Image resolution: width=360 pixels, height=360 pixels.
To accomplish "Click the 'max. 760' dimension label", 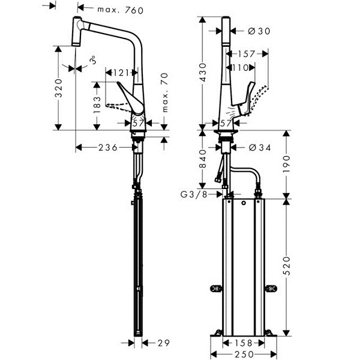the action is pyautogui.click(x=121, y=10).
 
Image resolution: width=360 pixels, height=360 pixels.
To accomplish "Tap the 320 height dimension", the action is pyautogui.click(x=59, y=88).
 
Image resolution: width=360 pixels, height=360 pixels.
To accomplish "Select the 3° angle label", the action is pyautogui.click(x=92, y=60).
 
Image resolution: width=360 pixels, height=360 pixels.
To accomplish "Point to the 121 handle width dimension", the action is pyautogui.click(x=121, y=73).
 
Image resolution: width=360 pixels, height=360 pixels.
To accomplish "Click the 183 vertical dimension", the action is pyautogui.click(x=97, y=104).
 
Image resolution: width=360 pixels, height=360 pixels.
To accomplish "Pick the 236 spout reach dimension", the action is pyautogui.click(x=108, y=148).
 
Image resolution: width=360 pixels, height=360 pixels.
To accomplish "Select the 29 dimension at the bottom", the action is pyautogui.click(x=164, y=343).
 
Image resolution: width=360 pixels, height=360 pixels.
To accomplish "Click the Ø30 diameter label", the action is pyautogui.click(x=259, y=31).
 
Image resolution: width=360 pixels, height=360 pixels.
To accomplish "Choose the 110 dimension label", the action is pyautogui.click(x=241, y=68).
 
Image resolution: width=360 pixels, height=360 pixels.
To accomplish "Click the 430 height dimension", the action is pyautogui.click(x=203, y=73).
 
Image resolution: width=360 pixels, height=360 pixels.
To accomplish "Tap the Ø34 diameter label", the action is pyautogui.click(x=260, y=148).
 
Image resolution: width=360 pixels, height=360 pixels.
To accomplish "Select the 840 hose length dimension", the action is pyautogui.click(x=203, y=158).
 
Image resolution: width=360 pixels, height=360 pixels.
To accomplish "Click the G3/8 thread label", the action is pyautogui.click(x=194, y=194).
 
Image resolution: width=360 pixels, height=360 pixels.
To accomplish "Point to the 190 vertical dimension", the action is pyautogui.click(x=287, y=164).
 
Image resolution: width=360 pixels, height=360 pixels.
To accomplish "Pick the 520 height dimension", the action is pyautogui.click(x=287, y=266).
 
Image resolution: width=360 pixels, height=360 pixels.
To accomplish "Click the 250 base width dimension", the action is pyautogui.click(x=244, y=354).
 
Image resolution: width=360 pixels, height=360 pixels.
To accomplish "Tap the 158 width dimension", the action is pyautogui.click(x=244, y=343).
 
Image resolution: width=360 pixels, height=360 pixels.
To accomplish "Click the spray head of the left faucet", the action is pyautogui.click(x=77, y=31).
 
